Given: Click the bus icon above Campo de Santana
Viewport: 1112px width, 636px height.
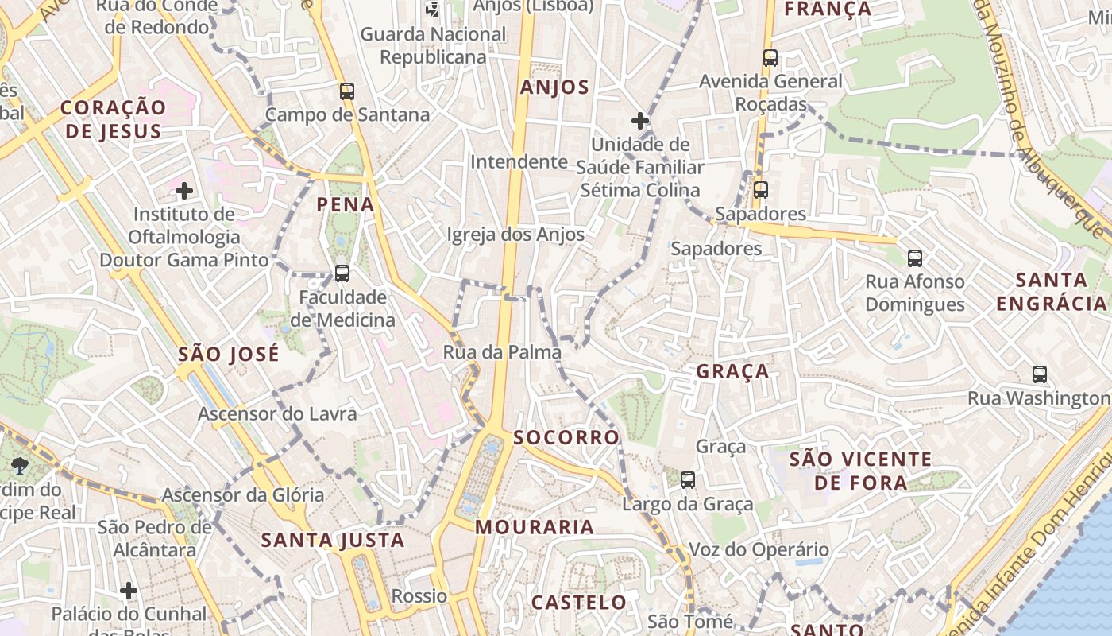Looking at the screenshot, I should [x=346, y=91].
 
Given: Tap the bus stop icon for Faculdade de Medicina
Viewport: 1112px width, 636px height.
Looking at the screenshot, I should [x=342, y=273].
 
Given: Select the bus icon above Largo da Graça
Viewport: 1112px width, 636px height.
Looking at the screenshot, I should [x=688, y=480].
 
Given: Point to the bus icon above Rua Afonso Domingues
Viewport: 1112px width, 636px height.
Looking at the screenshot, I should [x=915, y=258].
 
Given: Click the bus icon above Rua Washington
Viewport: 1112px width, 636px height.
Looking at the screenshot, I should [x=1040, y=374].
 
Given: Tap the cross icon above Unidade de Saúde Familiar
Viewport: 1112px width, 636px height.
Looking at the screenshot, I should [x=640, y=121].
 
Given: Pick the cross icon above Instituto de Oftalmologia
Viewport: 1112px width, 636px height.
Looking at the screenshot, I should [x=184, y=191].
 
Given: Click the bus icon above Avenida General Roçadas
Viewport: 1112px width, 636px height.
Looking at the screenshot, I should [x=770, y=57].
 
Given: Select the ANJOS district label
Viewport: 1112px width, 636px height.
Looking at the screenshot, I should [x=555, y=87].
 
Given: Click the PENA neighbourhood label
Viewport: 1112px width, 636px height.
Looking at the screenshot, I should [x=346, y=204].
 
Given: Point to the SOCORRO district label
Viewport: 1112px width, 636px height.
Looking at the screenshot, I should [x=566, y=437].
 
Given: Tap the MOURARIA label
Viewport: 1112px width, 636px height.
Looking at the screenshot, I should [x=535, y=526].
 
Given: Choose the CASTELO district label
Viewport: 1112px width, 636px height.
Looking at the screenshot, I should [x=579, y=602].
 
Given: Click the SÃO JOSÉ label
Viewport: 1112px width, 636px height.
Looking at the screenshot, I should [x=229, y=354].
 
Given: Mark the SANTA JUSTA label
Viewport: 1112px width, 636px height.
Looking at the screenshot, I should [x=333, y=541].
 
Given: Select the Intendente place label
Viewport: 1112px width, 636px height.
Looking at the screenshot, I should [x=519, y=162].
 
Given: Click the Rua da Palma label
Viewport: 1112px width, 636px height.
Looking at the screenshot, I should [x=502, y=352].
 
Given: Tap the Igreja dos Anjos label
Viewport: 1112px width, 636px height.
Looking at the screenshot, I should [x=515, y=235].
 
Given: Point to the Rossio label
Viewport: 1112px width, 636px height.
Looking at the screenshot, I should [x=419, y=596].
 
